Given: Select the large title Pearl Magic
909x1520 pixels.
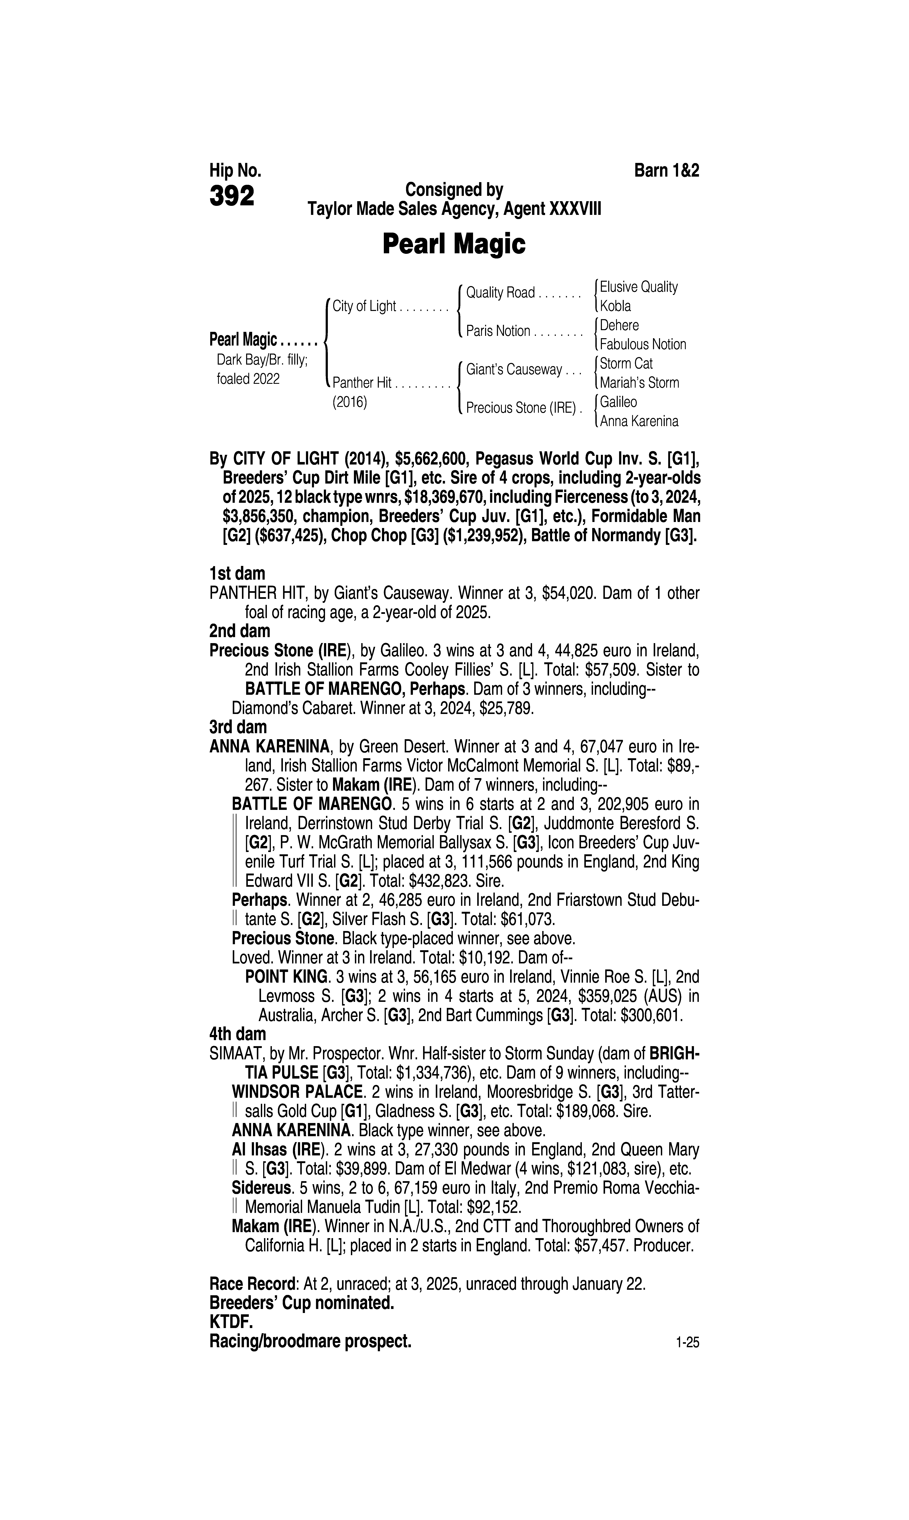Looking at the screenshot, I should point(454,244).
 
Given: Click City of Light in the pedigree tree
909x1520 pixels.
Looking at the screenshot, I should point(364,306).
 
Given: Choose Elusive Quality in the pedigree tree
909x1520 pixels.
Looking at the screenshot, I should point(638,287).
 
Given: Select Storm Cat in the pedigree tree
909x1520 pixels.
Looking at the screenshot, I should point(626,363).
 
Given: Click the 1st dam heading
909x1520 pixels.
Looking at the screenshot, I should point(237,574).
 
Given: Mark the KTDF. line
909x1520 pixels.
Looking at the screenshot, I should point(231,1322).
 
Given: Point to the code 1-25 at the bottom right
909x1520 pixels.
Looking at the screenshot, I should point(687,1343).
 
